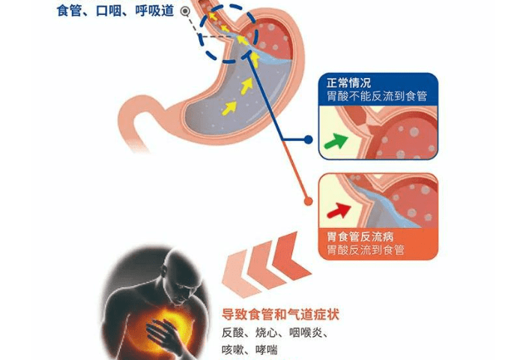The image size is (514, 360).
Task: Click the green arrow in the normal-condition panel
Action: pos(336,142)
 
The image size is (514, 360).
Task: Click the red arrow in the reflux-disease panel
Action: pos(339,210)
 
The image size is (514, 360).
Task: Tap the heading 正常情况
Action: pos(348,82)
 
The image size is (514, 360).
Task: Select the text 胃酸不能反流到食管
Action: pos(377,96)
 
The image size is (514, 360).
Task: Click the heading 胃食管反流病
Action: pos(360,236)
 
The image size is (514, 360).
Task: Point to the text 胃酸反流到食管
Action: pos(366,250)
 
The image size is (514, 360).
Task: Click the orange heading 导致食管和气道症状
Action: pos(280,314)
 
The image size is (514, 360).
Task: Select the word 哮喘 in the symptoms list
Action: pos(267,349)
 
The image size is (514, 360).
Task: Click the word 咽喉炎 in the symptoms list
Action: pos(306,333)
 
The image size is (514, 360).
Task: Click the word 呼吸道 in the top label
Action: pos(154,10)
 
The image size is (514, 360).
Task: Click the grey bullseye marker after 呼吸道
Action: pos(185,11)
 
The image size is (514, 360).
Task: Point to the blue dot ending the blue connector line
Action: pos(308,139)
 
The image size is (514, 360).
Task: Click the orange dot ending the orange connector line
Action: pos(308,201)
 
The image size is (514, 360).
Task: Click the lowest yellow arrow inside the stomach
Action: pos(229,108)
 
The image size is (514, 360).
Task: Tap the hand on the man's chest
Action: pos(164,334)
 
